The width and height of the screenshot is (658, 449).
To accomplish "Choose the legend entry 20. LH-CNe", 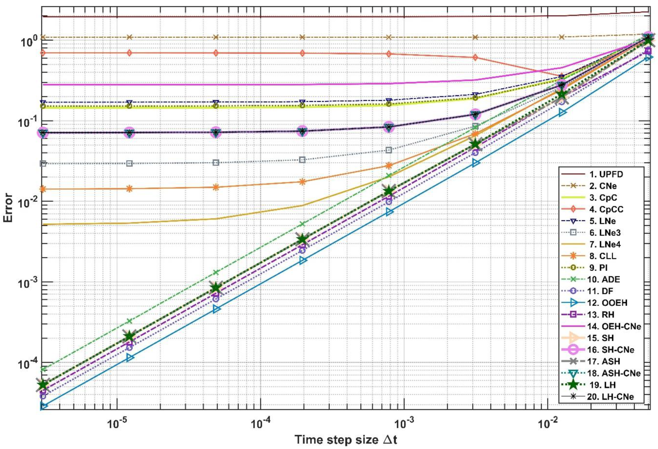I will click(x=610, y=397).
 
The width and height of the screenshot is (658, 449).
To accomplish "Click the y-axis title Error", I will click(x=8, y=208).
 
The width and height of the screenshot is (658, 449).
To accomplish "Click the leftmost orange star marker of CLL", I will click(x=43, y=189).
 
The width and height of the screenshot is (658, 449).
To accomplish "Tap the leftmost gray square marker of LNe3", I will click(x=43, y=163).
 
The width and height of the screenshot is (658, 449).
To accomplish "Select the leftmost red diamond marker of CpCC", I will click(x=43, y=53).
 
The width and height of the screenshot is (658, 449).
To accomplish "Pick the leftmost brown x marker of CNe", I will click(x=43, y=37).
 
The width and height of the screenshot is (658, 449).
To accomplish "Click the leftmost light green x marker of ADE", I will click(x=43, y=369).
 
